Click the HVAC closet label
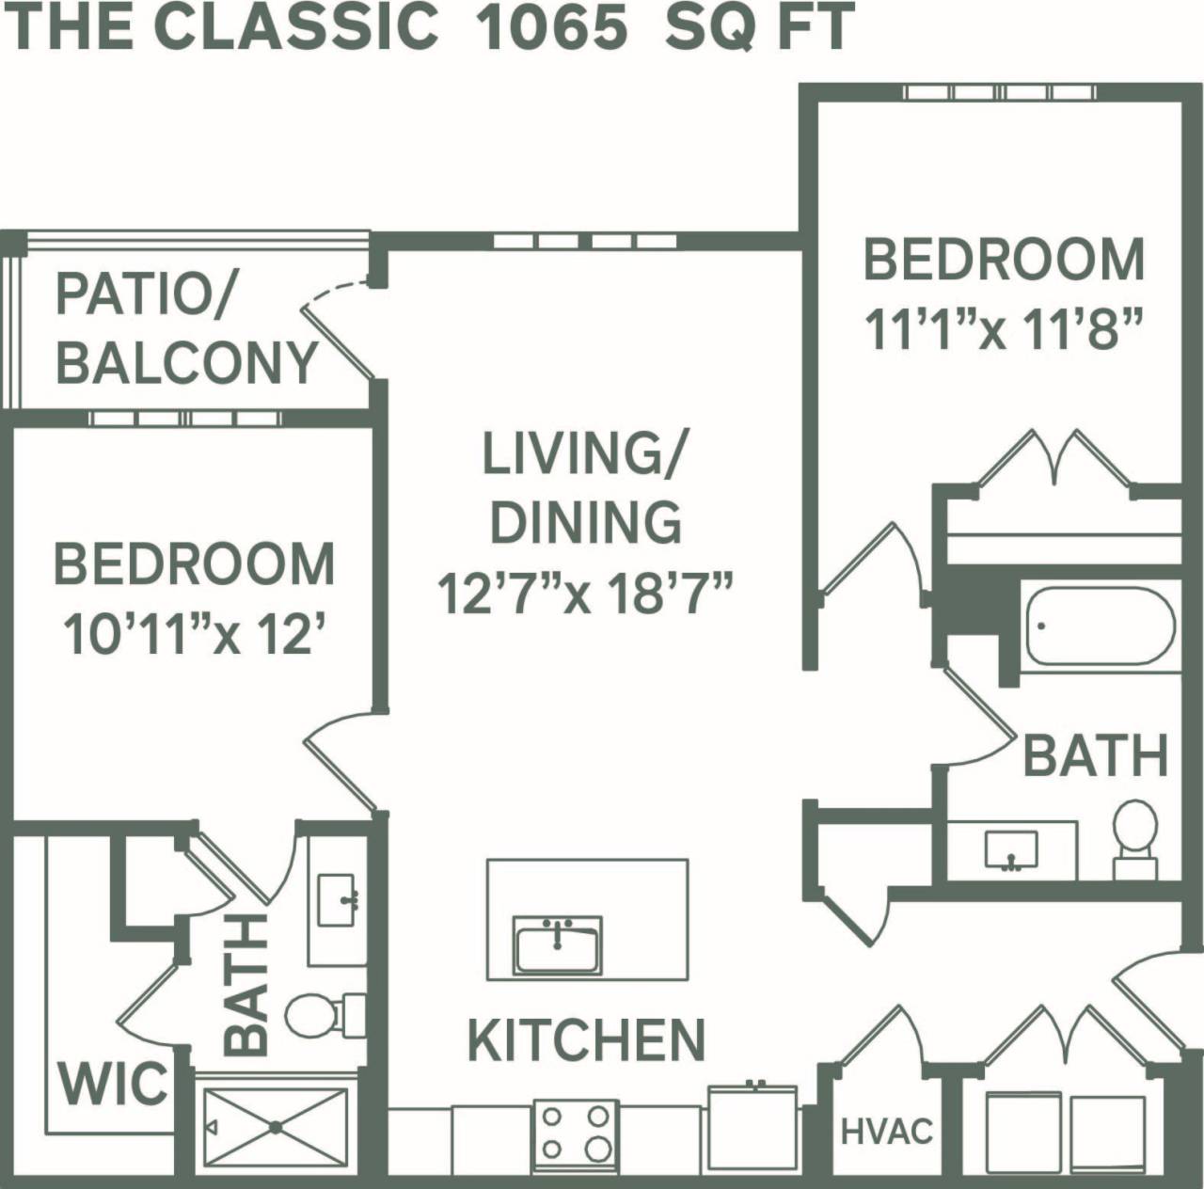[886, 1131]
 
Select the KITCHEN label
[586, 1039]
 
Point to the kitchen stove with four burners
[575, 1133]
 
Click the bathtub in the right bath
[1100, 626]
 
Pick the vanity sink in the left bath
[336, 900]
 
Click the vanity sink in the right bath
[1011, 850]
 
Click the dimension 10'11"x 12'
[195, 635]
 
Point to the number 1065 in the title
[551, 26]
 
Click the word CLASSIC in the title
[295, 26]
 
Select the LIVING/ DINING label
[585, 486]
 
